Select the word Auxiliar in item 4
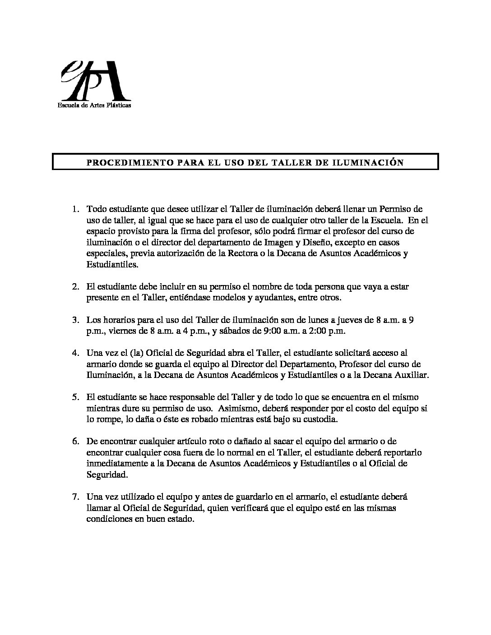point(414,375)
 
